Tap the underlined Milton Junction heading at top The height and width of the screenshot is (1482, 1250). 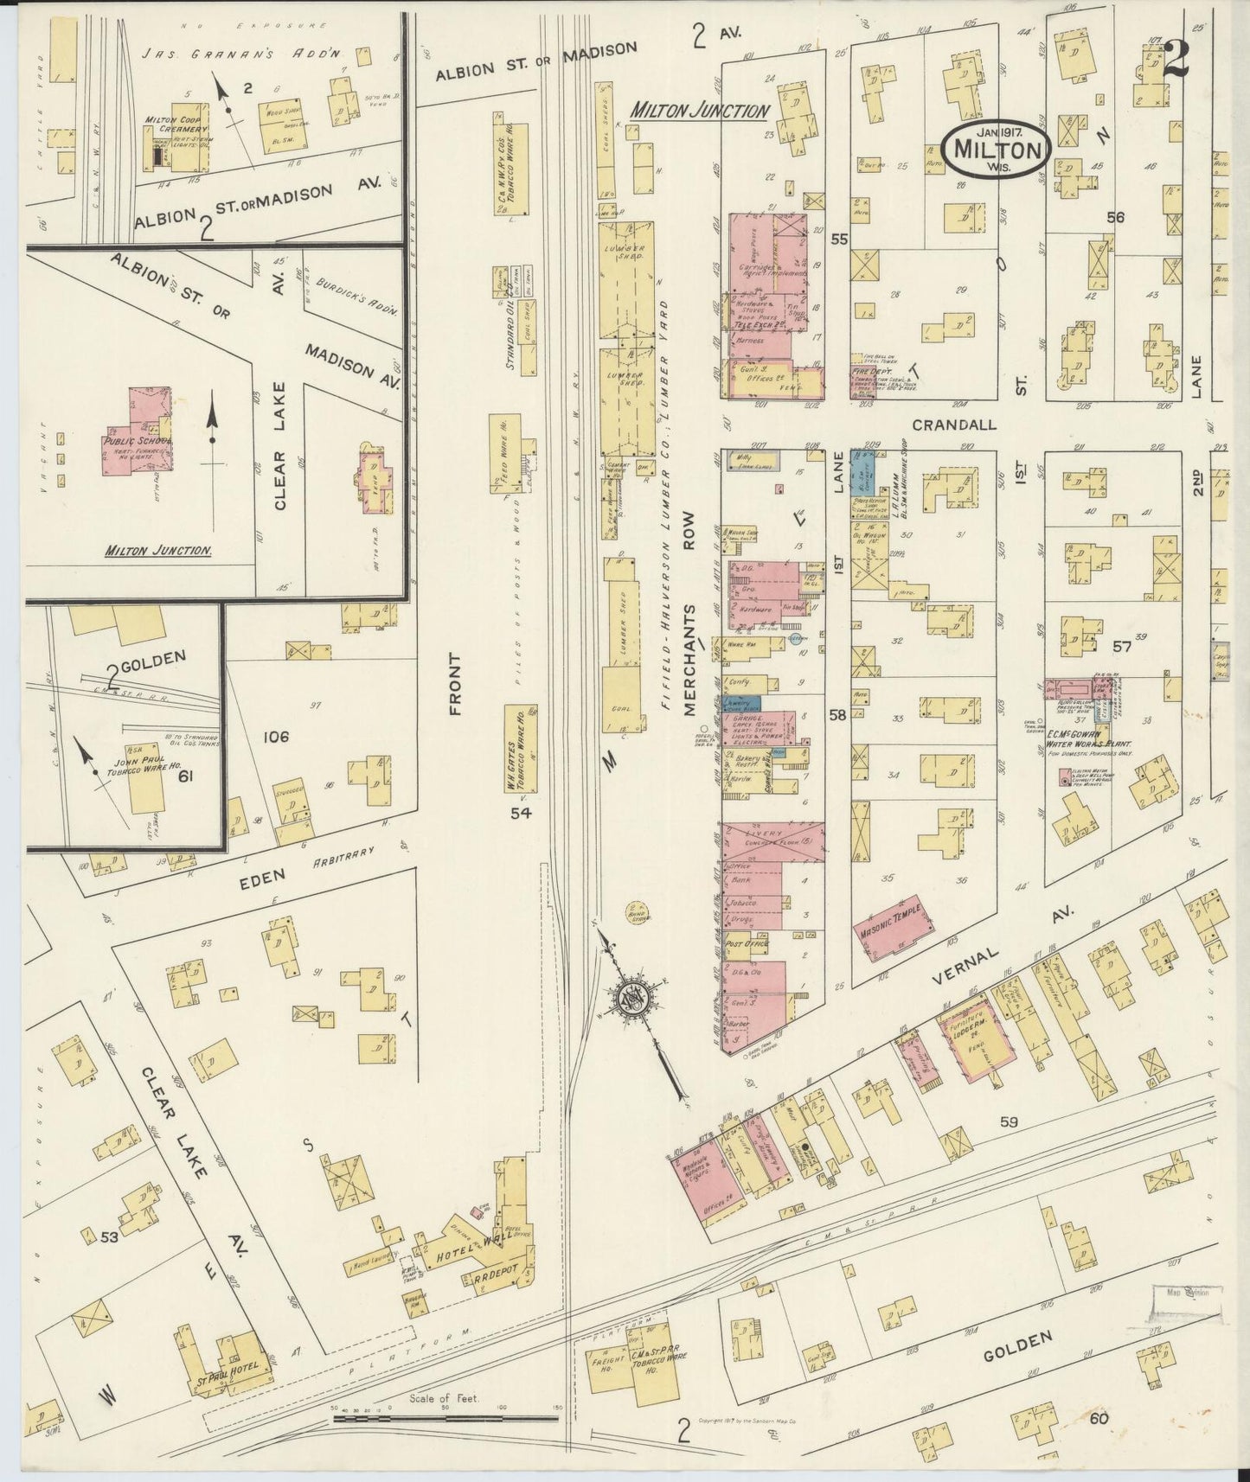(699, 111)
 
